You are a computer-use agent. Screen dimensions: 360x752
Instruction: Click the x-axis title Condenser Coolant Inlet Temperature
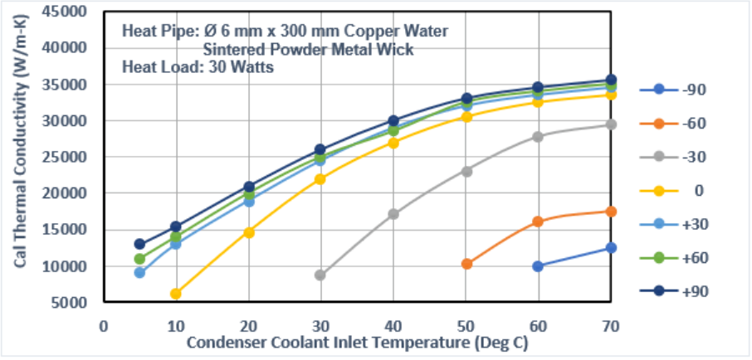coord(357,342)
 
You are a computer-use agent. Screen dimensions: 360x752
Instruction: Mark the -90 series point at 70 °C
coord(611,247)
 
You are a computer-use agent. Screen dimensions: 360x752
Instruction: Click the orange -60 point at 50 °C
coord(466,264)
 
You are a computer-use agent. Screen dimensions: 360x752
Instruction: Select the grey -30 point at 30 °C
coord(320,275)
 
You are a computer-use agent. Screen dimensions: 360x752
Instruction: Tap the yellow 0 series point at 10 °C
coord(175,294)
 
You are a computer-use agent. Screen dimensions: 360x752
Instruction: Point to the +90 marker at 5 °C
coord(139,244)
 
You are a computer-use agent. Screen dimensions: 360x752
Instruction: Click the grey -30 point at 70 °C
coord(611,124)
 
